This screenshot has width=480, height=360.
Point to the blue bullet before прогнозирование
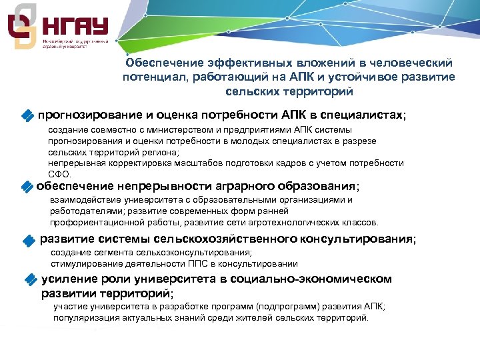(27, 116)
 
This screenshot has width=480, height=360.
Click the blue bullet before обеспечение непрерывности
(27, 187)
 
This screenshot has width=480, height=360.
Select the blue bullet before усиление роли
(30, 280)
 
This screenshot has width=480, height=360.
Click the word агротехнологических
(289, 223)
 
